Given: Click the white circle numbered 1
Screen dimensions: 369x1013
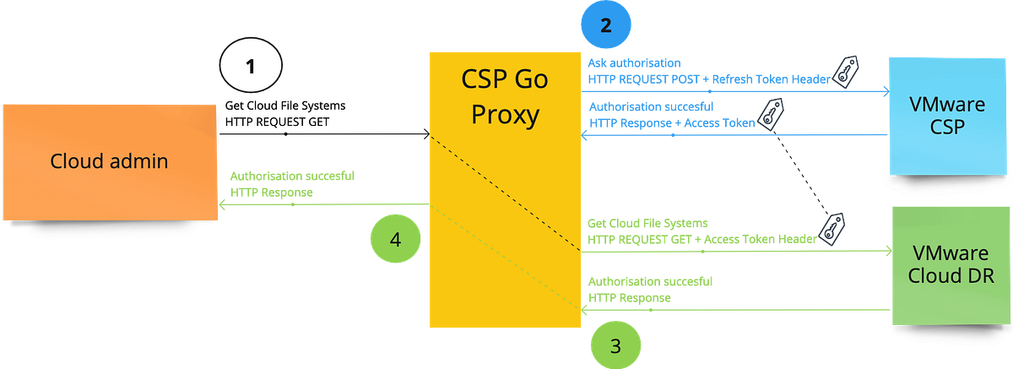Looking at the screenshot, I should coord(250,67).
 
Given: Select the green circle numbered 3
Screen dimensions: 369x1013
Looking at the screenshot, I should coord(615,345).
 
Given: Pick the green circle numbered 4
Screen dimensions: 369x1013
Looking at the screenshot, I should coord(394,240).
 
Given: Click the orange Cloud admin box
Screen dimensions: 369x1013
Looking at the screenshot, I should coord(109,161).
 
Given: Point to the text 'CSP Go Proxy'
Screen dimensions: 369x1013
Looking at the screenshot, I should coord(504,96).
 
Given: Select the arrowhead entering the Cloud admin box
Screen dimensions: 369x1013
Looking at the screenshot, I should coord(222,203).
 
